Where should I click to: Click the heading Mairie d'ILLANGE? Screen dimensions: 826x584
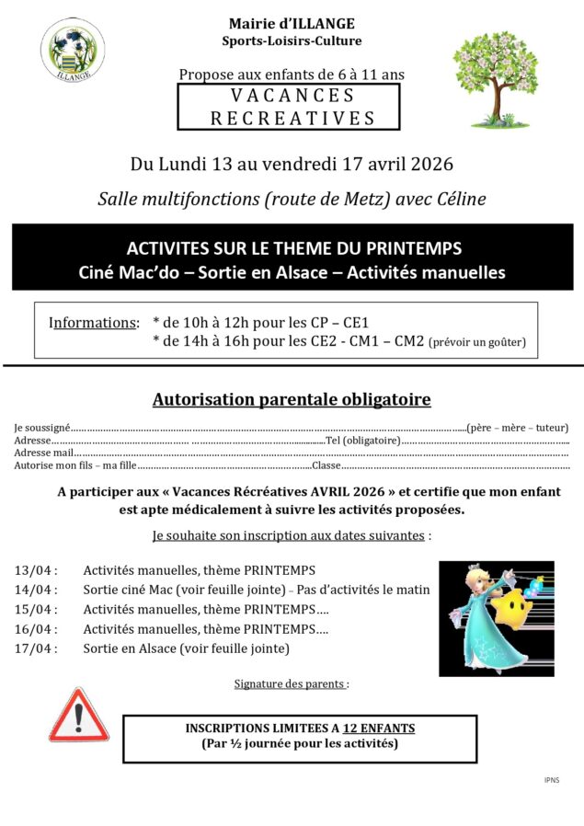tap(292, 23)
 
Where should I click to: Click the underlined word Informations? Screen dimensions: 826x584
tap(93, 323)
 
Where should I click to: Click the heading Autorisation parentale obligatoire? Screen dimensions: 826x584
tap(292, 399)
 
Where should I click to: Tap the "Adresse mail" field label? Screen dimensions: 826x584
tap(43, 453)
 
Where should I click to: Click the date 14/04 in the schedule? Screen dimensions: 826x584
tap(36, 590)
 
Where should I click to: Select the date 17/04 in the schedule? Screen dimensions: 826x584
tap(36, 648)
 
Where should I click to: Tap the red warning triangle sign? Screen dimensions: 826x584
tap(78, 716)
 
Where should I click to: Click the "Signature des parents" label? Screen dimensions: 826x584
tap(290, 684)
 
